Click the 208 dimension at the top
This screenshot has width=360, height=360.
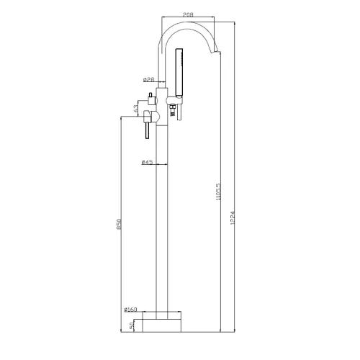pos(186,14)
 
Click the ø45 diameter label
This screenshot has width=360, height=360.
pos(146,163)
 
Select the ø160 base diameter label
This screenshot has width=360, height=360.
pos(130,310)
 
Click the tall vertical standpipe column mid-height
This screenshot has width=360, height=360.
pos(162,216)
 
